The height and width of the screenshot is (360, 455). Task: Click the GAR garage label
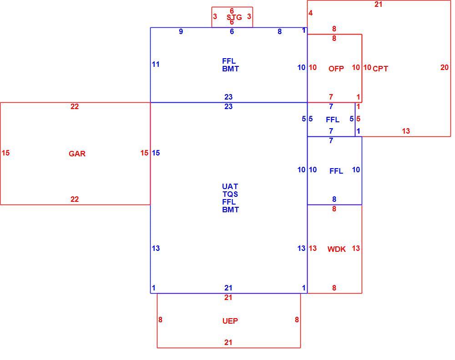(x=77, y=154)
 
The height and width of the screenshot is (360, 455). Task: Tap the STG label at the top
(x=234, y=17)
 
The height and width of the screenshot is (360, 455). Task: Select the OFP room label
(x=336, y=69)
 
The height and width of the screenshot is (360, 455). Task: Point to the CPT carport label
(x=380, y=69)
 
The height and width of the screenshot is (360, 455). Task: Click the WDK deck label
(x=337, y=249)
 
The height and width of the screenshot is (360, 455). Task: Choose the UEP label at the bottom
(x=230, y=321)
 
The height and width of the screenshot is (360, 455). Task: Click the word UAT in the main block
(x=230, y=186)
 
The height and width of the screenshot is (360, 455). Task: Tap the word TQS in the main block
(x=230, y=194)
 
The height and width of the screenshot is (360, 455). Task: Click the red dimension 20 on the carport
(x=445, y=67)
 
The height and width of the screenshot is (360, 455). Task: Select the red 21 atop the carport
(x=379, y=5)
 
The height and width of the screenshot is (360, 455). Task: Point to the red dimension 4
(x=310, y=13)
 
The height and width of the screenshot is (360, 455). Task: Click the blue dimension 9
(x=181, y=32)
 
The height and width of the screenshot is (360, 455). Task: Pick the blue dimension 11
(x=156, y=65)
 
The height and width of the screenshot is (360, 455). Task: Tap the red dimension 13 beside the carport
(x=406, y=131)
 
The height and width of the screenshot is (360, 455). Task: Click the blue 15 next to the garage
(x=156, y=153)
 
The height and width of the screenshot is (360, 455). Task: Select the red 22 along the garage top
(x=75, y=107)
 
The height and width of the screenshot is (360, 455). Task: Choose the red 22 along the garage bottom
(x=75, y=199)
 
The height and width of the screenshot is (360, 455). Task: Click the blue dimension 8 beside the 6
(x=279, y=32)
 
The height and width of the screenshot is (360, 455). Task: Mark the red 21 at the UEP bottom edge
(x=228, y=342)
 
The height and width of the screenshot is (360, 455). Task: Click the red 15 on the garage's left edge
(x=5, y=153)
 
